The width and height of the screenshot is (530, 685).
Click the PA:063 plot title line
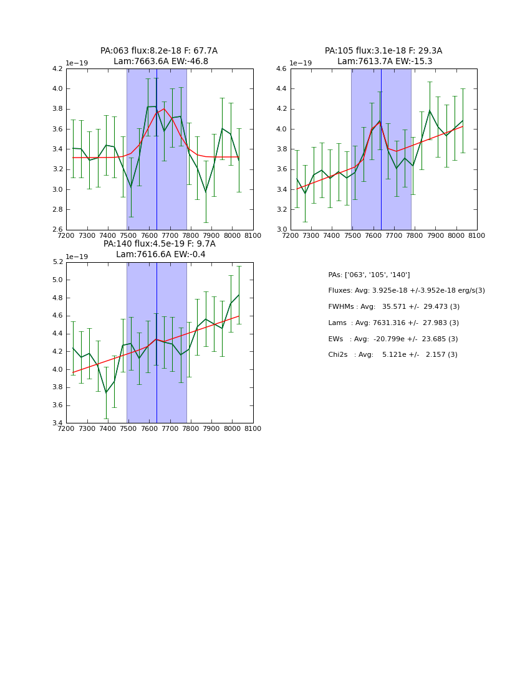(x=159, y=51)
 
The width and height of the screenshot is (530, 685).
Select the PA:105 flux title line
(x=383, y=51)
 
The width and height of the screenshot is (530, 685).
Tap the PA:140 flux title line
(x=159, y=244)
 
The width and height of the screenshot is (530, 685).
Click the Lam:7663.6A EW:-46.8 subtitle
(x=161, y=62)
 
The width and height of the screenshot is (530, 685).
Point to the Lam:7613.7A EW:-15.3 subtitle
(x=385, y=62)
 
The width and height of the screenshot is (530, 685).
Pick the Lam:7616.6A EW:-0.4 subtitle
(x=161, y=255)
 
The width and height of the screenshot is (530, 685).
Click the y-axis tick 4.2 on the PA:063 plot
(x=57, y=69)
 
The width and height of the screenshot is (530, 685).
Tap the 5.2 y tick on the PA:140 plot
(x=57, y=262)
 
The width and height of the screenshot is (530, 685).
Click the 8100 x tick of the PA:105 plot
(x=476, y=235)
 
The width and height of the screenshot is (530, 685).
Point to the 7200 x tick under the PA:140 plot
(x=66, y=428)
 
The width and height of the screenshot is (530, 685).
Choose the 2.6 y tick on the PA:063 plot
(x=57, y=230)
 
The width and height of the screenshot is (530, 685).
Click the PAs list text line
(x=369, y=275)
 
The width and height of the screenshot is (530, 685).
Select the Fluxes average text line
(x=407, y=291)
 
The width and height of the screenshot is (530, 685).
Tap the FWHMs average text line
(x=394, y=307)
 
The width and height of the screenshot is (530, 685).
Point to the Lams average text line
(x=393, y=323)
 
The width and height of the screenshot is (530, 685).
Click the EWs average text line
(x=393, y=339)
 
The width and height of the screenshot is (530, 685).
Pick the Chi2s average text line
(x=393, y=355)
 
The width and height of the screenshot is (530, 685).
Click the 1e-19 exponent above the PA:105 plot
(x=301, y=64)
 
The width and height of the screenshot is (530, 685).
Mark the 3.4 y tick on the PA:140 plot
(x=57, y=423)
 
